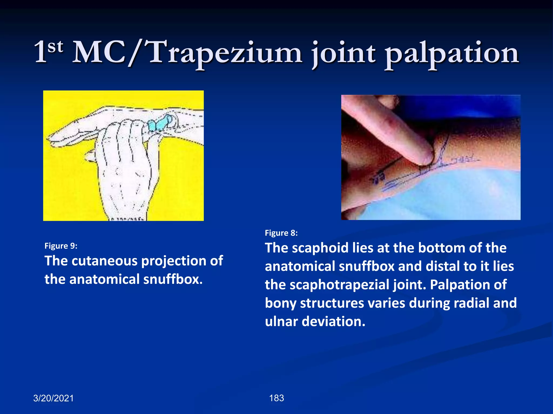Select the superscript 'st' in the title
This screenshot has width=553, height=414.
55,46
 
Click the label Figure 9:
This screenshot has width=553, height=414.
61,246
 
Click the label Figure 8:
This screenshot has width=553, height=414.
281,233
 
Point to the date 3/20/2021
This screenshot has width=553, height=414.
53,398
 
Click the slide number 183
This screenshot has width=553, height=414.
276,398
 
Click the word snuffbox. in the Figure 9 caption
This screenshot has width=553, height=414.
173,279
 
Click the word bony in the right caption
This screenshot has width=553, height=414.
281,303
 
